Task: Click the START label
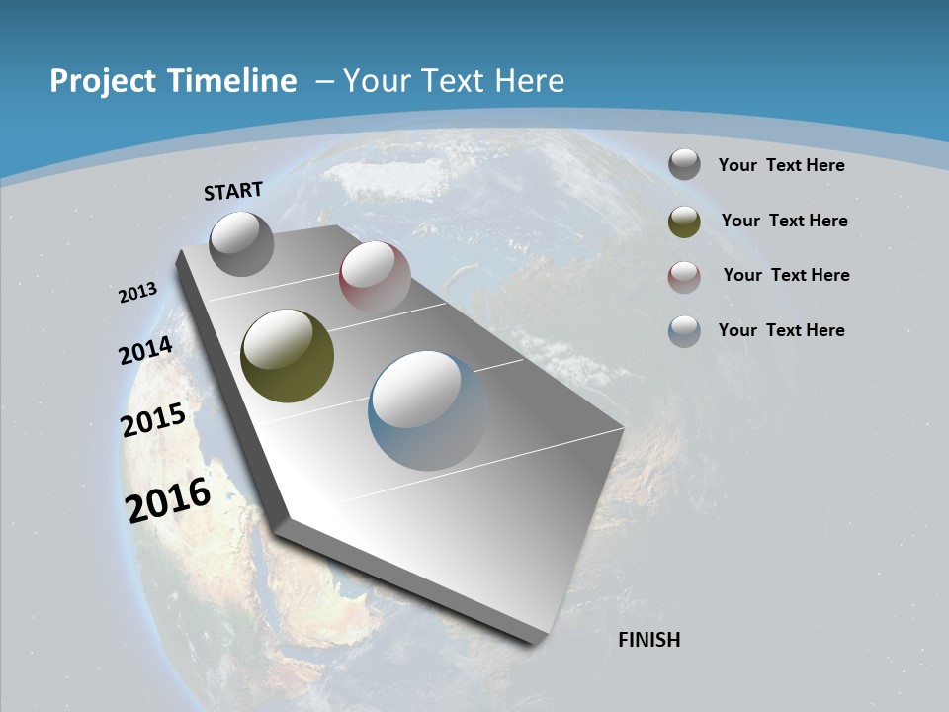(233, 191)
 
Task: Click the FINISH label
(649, 640)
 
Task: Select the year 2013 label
(138, 293)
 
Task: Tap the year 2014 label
(146, 350)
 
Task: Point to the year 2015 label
(153, 420)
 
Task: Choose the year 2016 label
(169, 500)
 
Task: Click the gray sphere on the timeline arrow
(242, 243)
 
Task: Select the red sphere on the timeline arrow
(375, 277)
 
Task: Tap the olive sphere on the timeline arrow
(288, 356)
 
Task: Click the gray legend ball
(684, 165)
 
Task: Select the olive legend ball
(684, 222)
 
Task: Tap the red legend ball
(684, 277)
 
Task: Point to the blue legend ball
(684, 331)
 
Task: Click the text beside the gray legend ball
(781, 165)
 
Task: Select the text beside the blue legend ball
(781, 330)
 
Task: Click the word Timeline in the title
(237, 81)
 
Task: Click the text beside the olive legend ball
(784, 221)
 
